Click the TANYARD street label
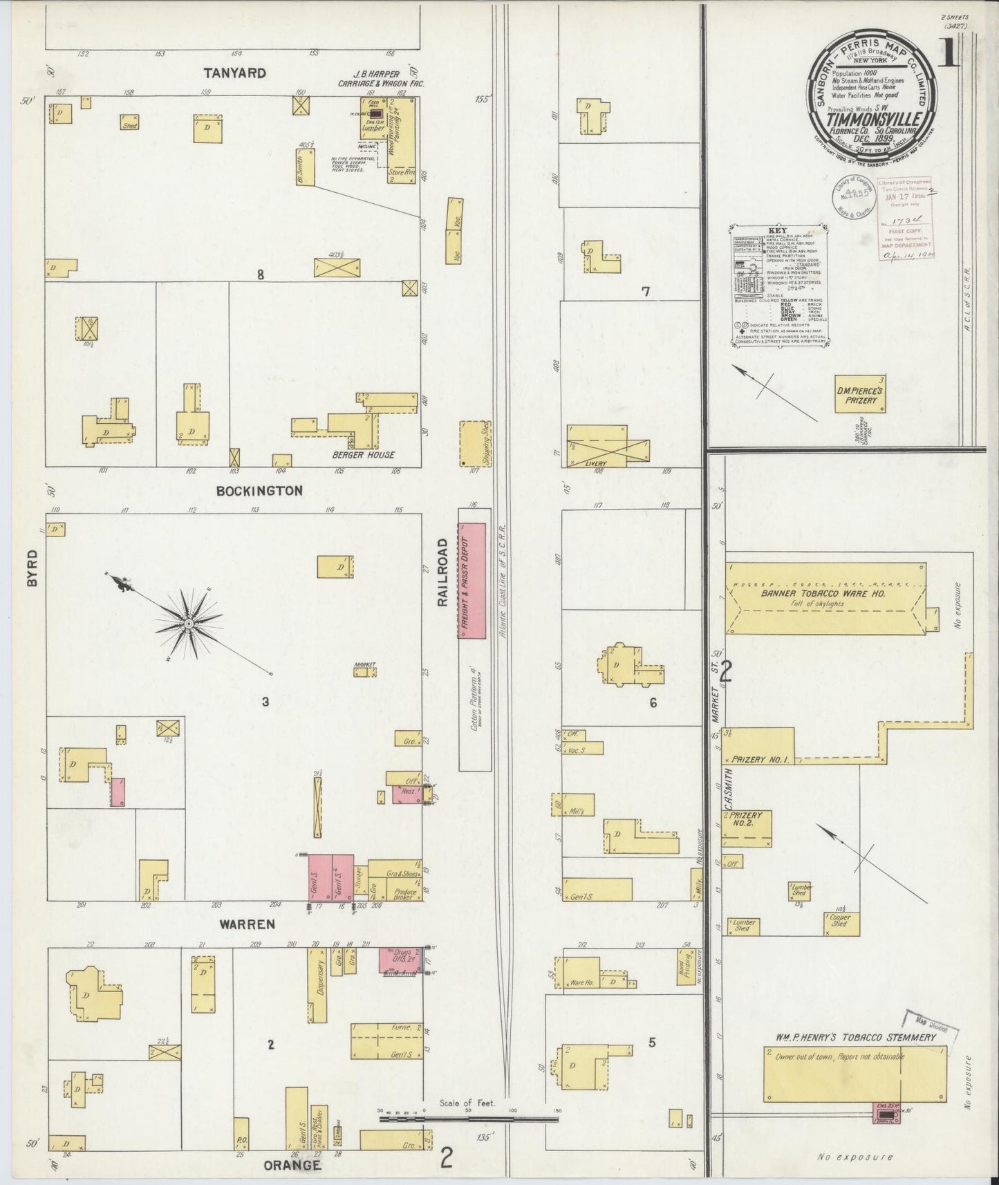pyautogui.click(x=235, y=73)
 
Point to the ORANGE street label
pyautogui.click(x=292, y=1165)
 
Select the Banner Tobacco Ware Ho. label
pyautogui.click(x=823, y=593)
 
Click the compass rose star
pyautogui.click(x=187, y=625)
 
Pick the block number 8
pyautogui.click(x=261, y=274)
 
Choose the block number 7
pyautogui.click(x=645, y=292)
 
